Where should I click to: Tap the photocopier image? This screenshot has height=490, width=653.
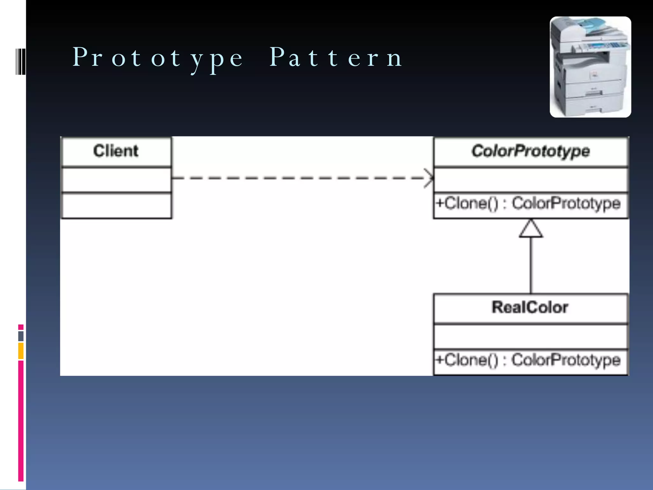coord(590,67)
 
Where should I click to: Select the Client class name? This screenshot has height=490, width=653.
coord(116,151)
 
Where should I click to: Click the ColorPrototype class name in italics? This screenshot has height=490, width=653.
coord(531,151)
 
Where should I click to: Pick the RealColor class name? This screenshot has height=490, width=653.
coord(530,308)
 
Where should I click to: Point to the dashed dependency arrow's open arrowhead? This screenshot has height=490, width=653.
coord(429,178)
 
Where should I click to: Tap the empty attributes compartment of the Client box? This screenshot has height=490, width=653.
coord(116,180)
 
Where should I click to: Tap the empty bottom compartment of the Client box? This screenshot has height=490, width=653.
coord(116,205)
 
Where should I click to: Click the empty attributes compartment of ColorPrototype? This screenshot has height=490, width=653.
coord(531,180)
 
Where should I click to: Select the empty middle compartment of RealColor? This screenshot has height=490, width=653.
coord(531,337)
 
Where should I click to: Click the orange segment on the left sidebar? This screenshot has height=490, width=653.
coord(21,351)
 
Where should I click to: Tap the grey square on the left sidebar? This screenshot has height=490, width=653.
coord(21,336)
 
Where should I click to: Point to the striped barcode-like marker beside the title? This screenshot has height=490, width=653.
coord(20,62)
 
